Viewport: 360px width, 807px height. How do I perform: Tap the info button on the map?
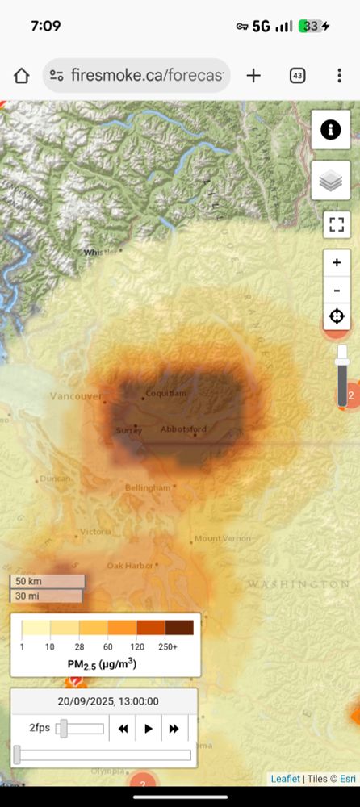click(331, 130)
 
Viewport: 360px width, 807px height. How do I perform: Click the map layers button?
click(331, 181)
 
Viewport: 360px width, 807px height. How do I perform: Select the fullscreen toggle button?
click(337, 224)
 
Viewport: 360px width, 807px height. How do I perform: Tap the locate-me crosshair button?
click(337, 316)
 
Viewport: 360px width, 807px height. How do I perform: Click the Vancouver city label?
click(76, 396)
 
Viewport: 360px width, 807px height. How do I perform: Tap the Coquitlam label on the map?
click(165, 394)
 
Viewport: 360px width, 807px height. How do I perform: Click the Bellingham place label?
click(148, 487)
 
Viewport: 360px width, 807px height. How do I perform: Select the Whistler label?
click(100, 253)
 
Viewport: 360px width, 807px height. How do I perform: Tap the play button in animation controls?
click(149, 729)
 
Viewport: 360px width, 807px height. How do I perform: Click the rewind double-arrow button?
click(123, 729)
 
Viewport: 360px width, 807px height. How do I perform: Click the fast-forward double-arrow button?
click(174, 729)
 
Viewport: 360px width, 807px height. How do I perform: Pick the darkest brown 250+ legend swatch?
click(179, 628)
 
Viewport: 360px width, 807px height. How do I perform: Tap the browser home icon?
click(22, 76)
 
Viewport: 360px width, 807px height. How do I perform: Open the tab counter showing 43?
click(297, 76)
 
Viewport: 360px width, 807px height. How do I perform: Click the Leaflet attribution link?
click(284, 779)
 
